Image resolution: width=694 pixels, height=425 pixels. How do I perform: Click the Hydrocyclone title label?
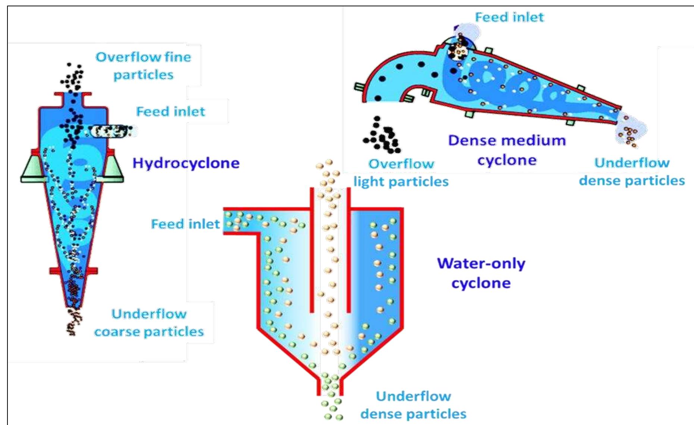186,163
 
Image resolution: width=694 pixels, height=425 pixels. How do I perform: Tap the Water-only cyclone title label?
481,273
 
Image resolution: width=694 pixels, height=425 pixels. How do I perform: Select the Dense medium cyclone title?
507,150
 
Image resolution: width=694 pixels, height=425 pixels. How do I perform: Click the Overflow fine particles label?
143,66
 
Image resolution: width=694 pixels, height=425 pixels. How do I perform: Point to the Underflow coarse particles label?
149,323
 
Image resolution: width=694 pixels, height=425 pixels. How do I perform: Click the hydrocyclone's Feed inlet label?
170,111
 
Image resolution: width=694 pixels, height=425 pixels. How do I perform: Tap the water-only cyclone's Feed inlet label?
185,224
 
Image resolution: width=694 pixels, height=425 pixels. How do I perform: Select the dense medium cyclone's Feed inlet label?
509,17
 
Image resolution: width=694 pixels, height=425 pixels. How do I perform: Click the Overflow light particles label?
401,173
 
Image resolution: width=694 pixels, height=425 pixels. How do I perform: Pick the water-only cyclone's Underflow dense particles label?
413,405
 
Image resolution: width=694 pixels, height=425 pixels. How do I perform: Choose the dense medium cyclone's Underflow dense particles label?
632,171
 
